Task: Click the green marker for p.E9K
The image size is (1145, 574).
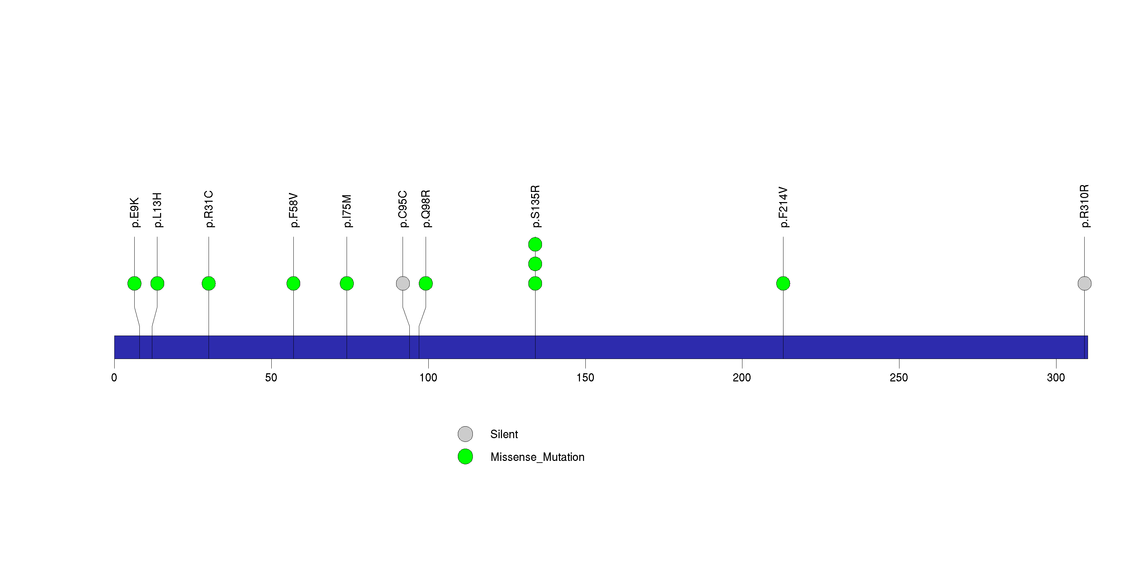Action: [134, 284]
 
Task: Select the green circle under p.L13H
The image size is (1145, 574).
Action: [157, 284]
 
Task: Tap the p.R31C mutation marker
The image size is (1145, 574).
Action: [209, 284]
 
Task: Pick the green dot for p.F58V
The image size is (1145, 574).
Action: [293, 284]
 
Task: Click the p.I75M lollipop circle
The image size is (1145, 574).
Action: [347, 284]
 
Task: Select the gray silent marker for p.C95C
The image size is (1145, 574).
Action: [403, 284]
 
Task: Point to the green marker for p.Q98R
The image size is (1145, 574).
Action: [426, 284]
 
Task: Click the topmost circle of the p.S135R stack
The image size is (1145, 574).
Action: [535, 244]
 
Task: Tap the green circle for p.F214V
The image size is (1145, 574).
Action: [783, 284]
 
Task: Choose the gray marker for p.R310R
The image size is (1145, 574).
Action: [1085, 284]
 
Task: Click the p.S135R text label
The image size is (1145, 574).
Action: [536, 207]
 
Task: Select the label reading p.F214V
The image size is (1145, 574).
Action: [784, 207]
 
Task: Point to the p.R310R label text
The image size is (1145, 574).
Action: [1085, 206]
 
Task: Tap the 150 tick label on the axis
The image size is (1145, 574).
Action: [585, 378]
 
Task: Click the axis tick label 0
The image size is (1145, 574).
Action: [114, 378]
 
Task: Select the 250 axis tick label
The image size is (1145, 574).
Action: [899, 378]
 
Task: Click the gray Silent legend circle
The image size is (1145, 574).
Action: [465, 434]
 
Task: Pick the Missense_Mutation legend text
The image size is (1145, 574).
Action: [537, 457]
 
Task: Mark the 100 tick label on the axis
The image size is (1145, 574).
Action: [428, 378]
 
